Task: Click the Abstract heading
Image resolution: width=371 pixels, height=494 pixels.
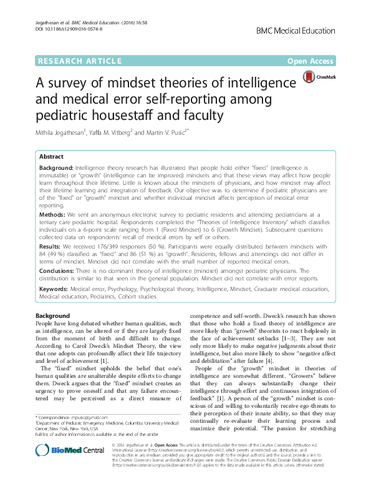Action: click(52, 157)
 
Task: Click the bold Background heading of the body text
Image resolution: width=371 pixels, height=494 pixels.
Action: click(53, 317)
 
